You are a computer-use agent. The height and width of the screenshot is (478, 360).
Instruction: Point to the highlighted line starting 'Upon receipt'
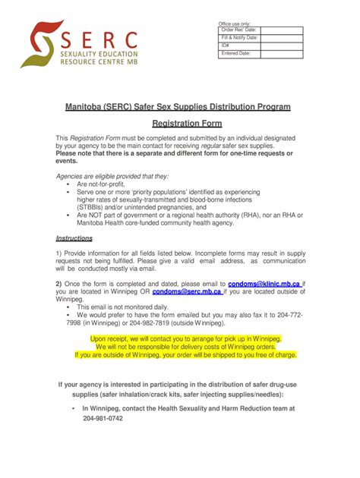tap(179, 339)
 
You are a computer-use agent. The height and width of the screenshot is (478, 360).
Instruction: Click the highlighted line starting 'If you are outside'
tap(179, 354)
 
